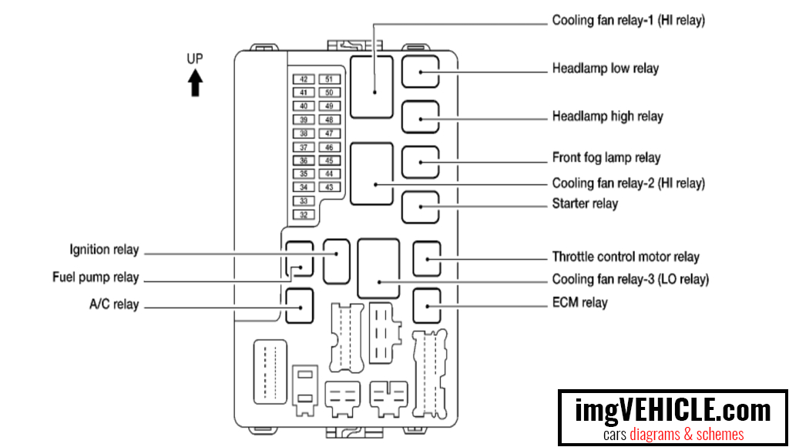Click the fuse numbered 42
pyautogui.click(x=304, y=79)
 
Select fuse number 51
pyautogui.click(x=329, y=79)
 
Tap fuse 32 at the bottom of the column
pyautogui.click(x=304, y=215)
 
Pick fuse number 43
pyautogui.click(x=329, y=187)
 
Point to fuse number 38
pyautogui.click(x=304, y=133)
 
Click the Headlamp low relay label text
pyautogui.click(x=605, y=69)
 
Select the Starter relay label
pyautogui.click(x=585, y=204)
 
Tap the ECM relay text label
pyautogui.click(x=579, y=303)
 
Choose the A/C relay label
pyautogui.click(x=113, y=304)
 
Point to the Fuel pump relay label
pyautogui.click(x=96, y=277)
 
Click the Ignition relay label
pyautogui.click(x=104, y=250)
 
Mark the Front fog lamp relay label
pyautogui.click(x=606, y=157)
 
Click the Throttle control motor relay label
pyautogui.click(x=625, y=257)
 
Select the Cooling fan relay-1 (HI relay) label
pyautogui.click(x=628, y=21)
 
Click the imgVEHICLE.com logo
pyautogui.click(x=673, y=417)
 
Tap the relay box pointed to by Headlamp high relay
pyautogui.click(x=420, y=118)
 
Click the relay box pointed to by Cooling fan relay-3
pyautogui.click(x=378, y=268)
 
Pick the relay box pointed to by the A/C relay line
pyautogui.click(x=299, y=305)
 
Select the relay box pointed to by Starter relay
pyautogui.click(x=420, y=207)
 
